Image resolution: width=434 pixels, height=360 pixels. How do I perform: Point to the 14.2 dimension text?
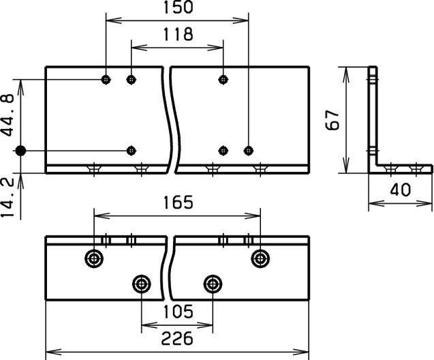coord(8,198)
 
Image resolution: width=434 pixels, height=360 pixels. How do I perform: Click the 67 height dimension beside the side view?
coord(332,120)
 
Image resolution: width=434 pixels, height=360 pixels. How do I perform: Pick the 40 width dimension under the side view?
coord(401,190)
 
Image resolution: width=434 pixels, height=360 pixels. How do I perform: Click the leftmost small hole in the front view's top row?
coord(106,80)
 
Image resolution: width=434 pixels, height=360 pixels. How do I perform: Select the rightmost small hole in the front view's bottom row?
coord(249,150)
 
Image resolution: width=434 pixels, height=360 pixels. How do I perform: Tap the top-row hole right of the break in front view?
coord(223,80)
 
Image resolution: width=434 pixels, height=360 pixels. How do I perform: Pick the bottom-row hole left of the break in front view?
coord(131,150)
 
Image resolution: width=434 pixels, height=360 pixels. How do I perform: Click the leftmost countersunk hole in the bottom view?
coord(93,258)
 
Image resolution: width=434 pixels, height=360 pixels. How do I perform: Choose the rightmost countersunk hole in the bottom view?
coord(260,258)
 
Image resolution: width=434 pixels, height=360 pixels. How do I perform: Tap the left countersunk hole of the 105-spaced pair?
coord(141,283)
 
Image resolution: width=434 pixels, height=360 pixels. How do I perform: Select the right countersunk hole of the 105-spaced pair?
coord(213,283)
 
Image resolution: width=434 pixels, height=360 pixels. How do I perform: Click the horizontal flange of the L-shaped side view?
coord(405,168)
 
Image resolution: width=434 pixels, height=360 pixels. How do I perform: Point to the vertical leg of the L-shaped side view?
coord(373,116)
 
